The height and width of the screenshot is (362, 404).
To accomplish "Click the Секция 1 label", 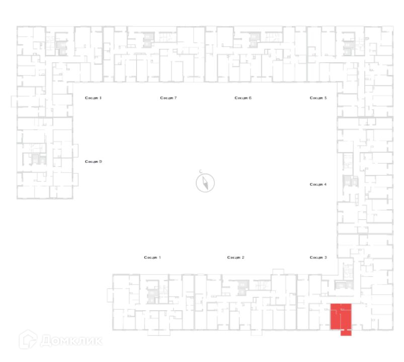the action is click(152, 257).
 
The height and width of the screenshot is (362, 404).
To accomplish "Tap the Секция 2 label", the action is click(235, 257).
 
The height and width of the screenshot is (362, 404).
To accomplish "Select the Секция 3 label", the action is click(318, 257).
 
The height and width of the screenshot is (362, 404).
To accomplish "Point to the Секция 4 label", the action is click(318, 185).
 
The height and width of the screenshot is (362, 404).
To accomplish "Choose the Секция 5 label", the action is click(318, 98).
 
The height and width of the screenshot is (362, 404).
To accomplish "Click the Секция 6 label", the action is click(243, 98).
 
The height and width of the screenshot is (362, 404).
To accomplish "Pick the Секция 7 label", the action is click(169, 98).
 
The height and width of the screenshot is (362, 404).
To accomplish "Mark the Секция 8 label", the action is click(94, 98).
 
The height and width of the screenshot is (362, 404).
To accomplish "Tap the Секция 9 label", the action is click(94, 161).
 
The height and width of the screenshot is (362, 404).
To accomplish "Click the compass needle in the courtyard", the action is click(206, 183).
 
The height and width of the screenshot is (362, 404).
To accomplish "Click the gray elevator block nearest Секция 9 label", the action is click(36, 159).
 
